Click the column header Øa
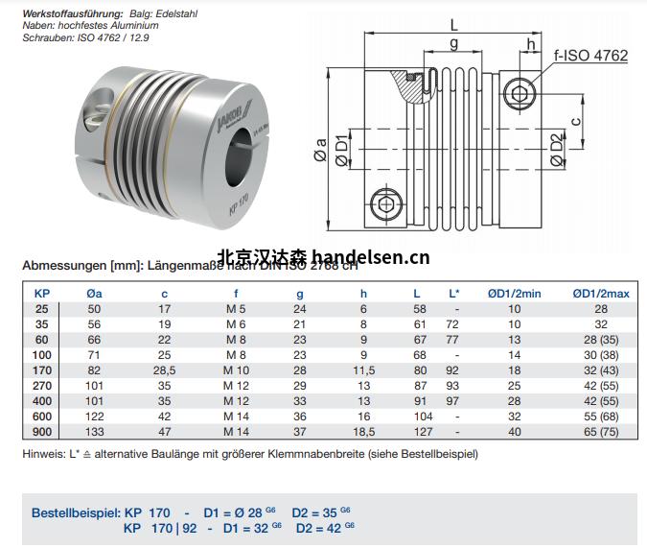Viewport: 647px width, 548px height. click(x=94, y=294)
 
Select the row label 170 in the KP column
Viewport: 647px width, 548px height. click(x=41, y=370)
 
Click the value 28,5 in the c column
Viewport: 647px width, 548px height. click(x=165, y=370)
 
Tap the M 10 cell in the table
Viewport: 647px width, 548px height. click(x=235, y=370)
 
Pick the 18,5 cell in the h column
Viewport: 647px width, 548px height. click(x=363, y=432)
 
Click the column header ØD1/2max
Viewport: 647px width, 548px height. click(x=601, y=294)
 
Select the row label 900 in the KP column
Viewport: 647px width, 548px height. click(x=41, y=432)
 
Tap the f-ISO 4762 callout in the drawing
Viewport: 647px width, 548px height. click(x=591, y=56)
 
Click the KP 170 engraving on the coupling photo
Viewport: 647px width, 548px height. click(x=237, y=206)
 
